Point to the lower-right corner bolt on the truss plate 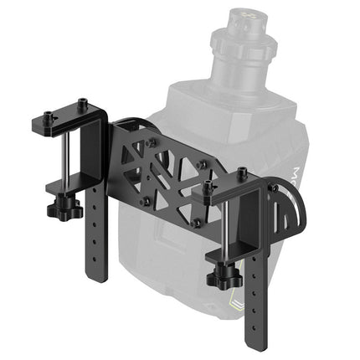point(196,222)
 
